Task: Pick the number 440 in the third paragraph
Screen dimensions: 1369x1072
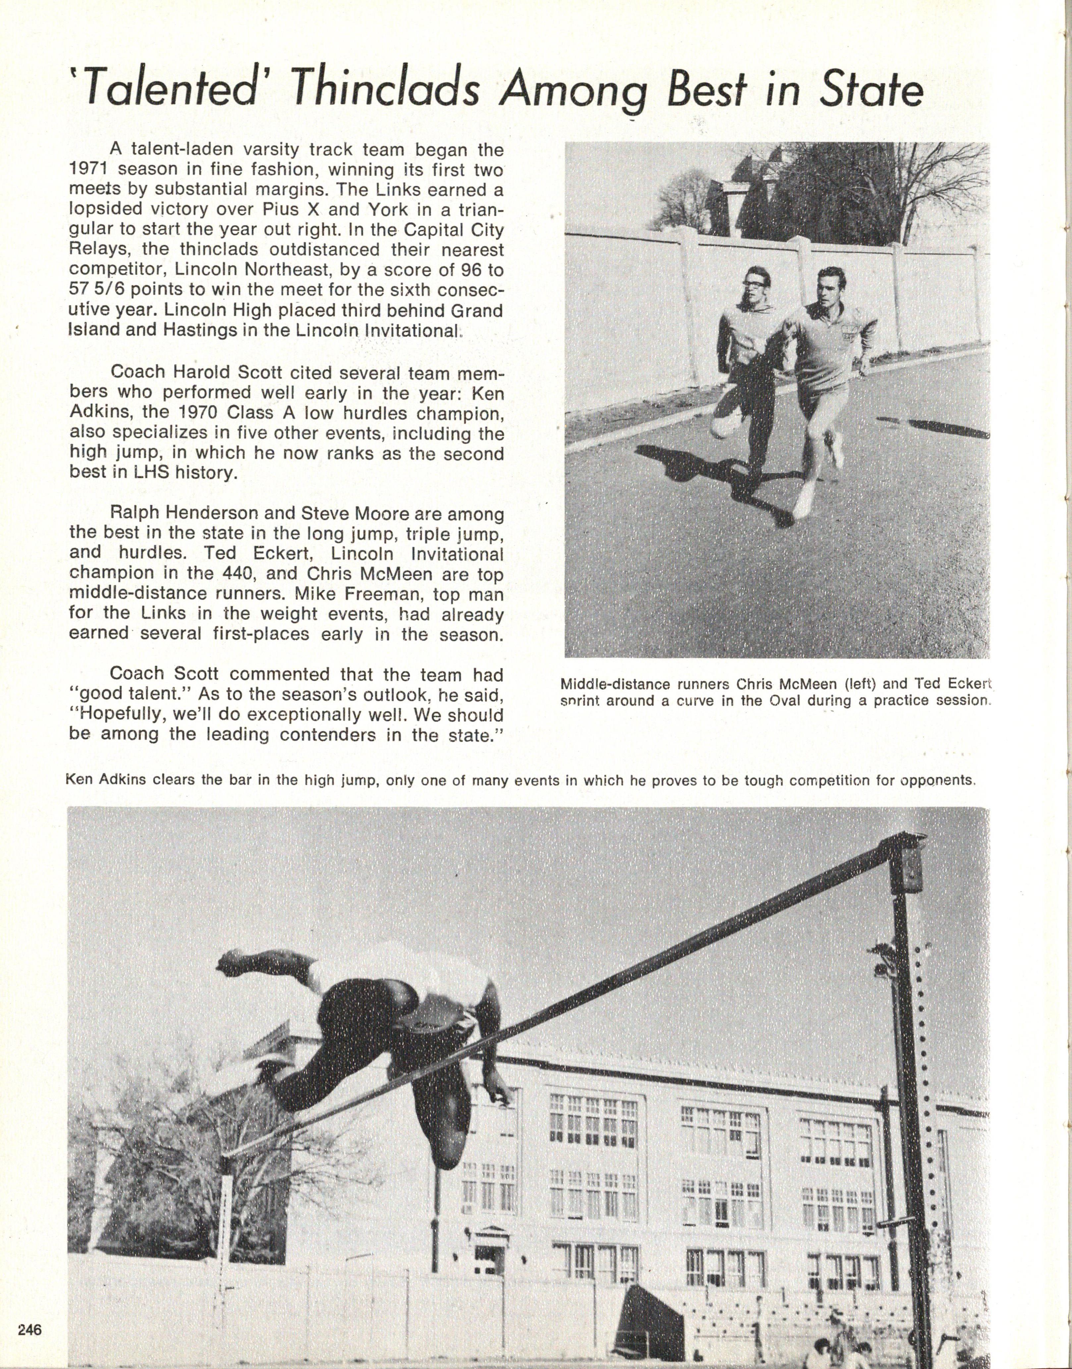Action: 233,573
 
